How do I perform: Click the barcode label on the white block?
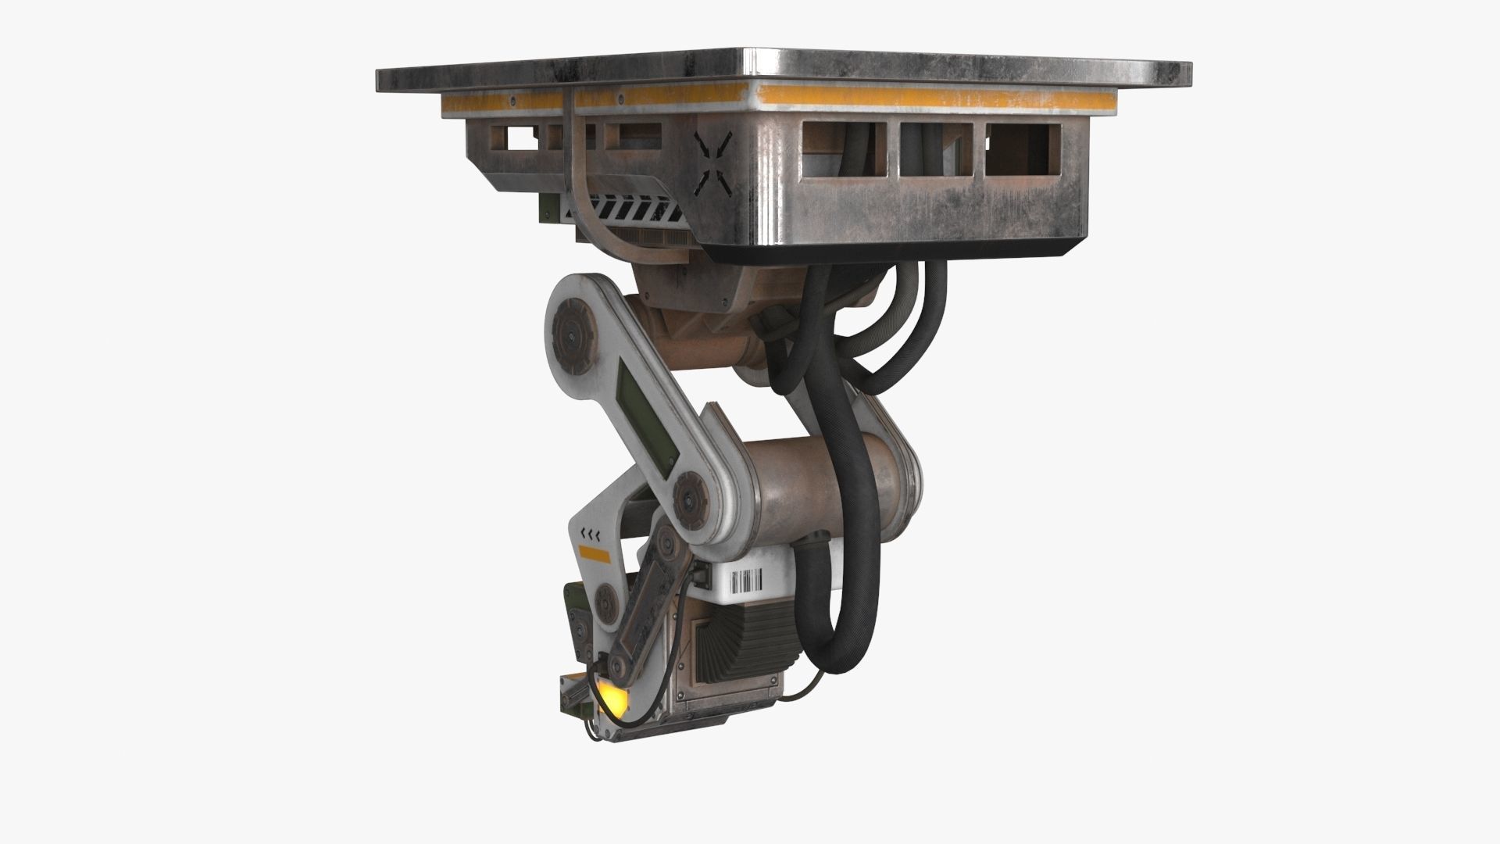746,581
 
